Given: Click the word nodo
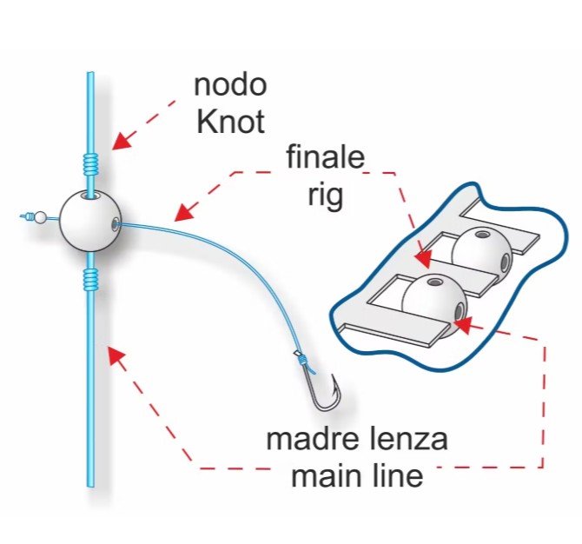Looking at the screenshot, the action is (x=230, y=85).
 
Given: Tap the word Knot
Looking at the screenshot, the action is (x=230, y=122).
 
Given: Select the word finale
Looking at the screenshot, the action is (x=326, y=156).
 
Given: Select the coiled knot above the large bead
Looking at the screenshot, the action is (x=90, y=164).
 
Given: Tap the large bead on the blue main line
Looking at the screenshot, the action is (x=90, y=222).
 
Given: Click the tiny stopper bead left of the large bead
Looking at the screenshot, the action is (x=40, y=217).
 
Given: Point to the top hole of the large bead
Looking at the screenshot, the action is (x=90, y=196).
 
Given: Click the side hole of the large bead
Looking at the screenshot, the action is (x=116, y=222).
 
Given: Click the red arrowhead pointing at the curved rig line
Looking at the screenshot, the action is (x=184, y=213).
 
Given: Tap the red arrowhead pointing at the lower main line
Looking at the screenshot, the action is (x=116, y=355).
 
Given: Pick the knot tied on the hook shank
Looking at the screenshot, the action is (x=302, y=359).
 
